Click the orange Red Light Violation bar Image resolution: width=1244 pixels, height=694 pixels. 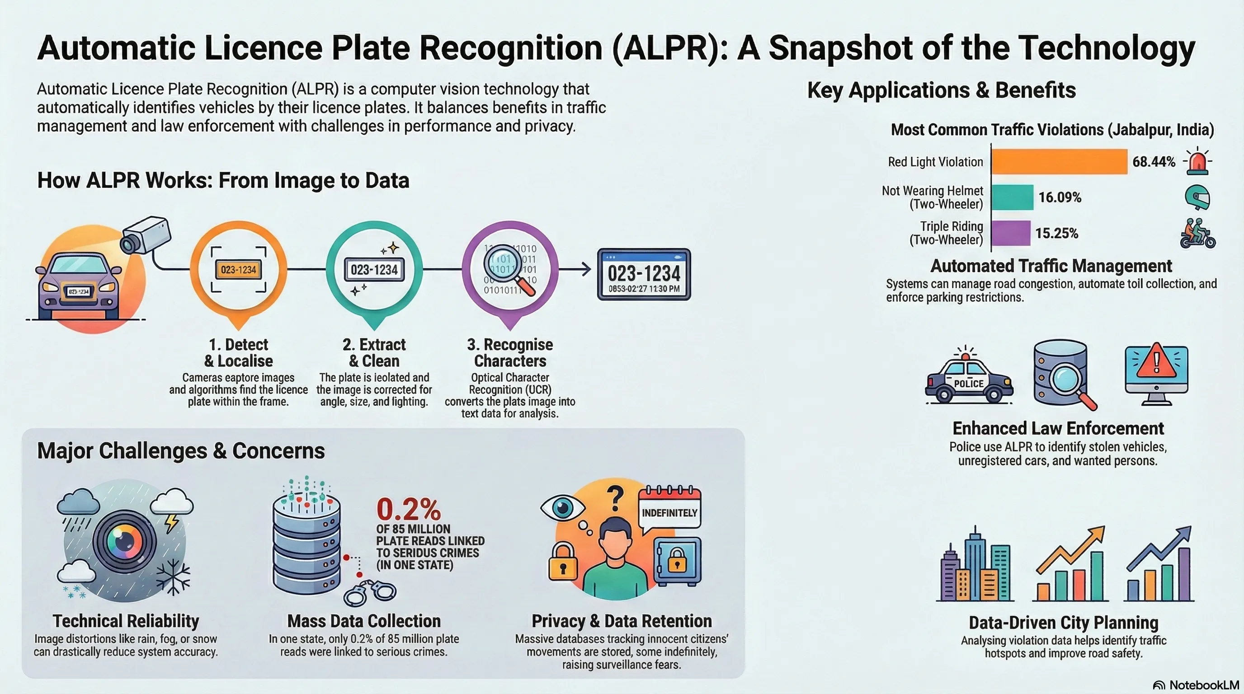click(1060, 161)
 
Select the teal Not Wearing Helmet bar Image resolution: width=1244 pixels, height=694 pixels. click(1012, 197)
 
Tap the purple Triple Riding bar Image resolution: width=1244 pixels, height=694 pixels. click(1011, 233)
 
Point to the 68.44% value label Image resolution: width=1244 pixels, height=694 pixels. click(1154, 162)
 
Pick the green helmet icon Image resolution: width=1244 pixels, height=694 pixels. click(1197, 197)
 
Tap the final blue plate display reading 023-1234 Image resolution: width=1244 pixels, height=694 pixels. click(644, 274)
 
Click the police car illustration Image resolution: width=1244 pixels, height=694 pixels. click(968, 379)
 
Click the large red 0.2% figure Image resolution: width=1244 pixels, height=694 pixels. click(409, 509)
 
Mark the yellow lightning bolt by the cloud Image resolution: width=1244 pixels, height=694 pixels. click(171, 523)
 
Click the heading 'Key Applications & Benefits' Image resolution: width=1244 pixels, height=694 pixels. click(941, 90)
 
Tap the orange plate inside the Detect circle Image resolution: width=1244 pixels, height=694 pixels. click(239, 270)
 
